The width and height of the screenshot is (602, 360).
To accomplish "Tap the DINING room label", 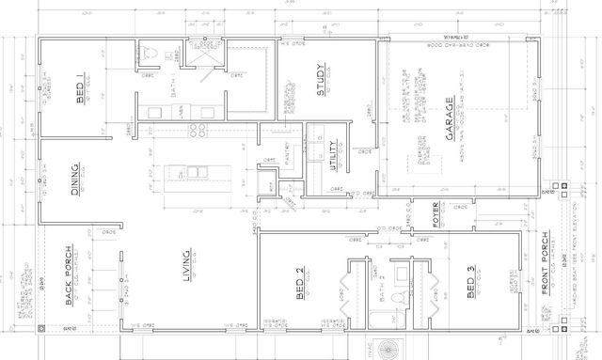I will tap(75, 181).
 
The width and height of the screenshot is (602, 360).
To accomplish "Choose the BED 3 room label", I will tap(471, 282).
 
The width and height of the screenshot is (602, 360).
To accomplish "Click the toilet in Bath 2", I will tap(399, 298).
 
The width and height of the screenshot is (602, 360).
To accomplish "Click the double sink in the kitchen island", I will tap(197, 172).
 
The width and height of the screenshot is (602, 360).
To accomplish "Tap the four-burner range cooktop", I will tap(198, 128).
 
